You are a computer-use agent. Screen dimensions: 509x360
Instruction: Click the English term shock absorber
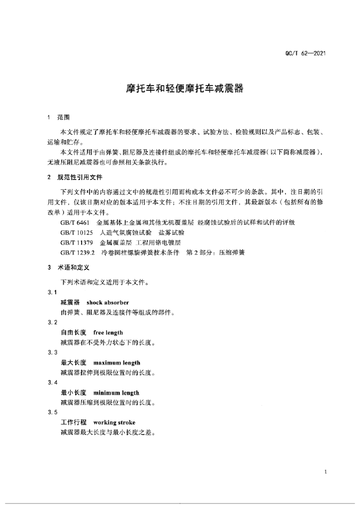pyautogui.click(x=108, y=302)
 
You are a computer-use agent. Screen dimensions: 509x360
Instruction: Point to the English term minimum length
pyautogui.click(x=116, y=393)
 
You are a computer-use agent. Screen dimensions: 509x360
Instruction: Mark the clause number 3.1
pyautogui.click(x=52, y=292)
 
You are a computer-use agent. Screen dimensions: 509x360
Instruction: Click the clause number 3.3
pyautogui.click(x=52, y=352)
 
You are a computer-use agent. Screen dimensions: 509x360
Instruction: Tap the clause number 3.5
pyautogui.click(x=52, y=413)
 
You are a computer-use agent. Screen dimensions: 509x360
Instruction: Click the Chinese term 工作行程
pyautogui.click(x=73, y=423)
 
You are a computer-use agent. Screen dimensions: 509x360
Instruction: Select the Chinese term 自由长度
pyautogui.click(x=73, y=333)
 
